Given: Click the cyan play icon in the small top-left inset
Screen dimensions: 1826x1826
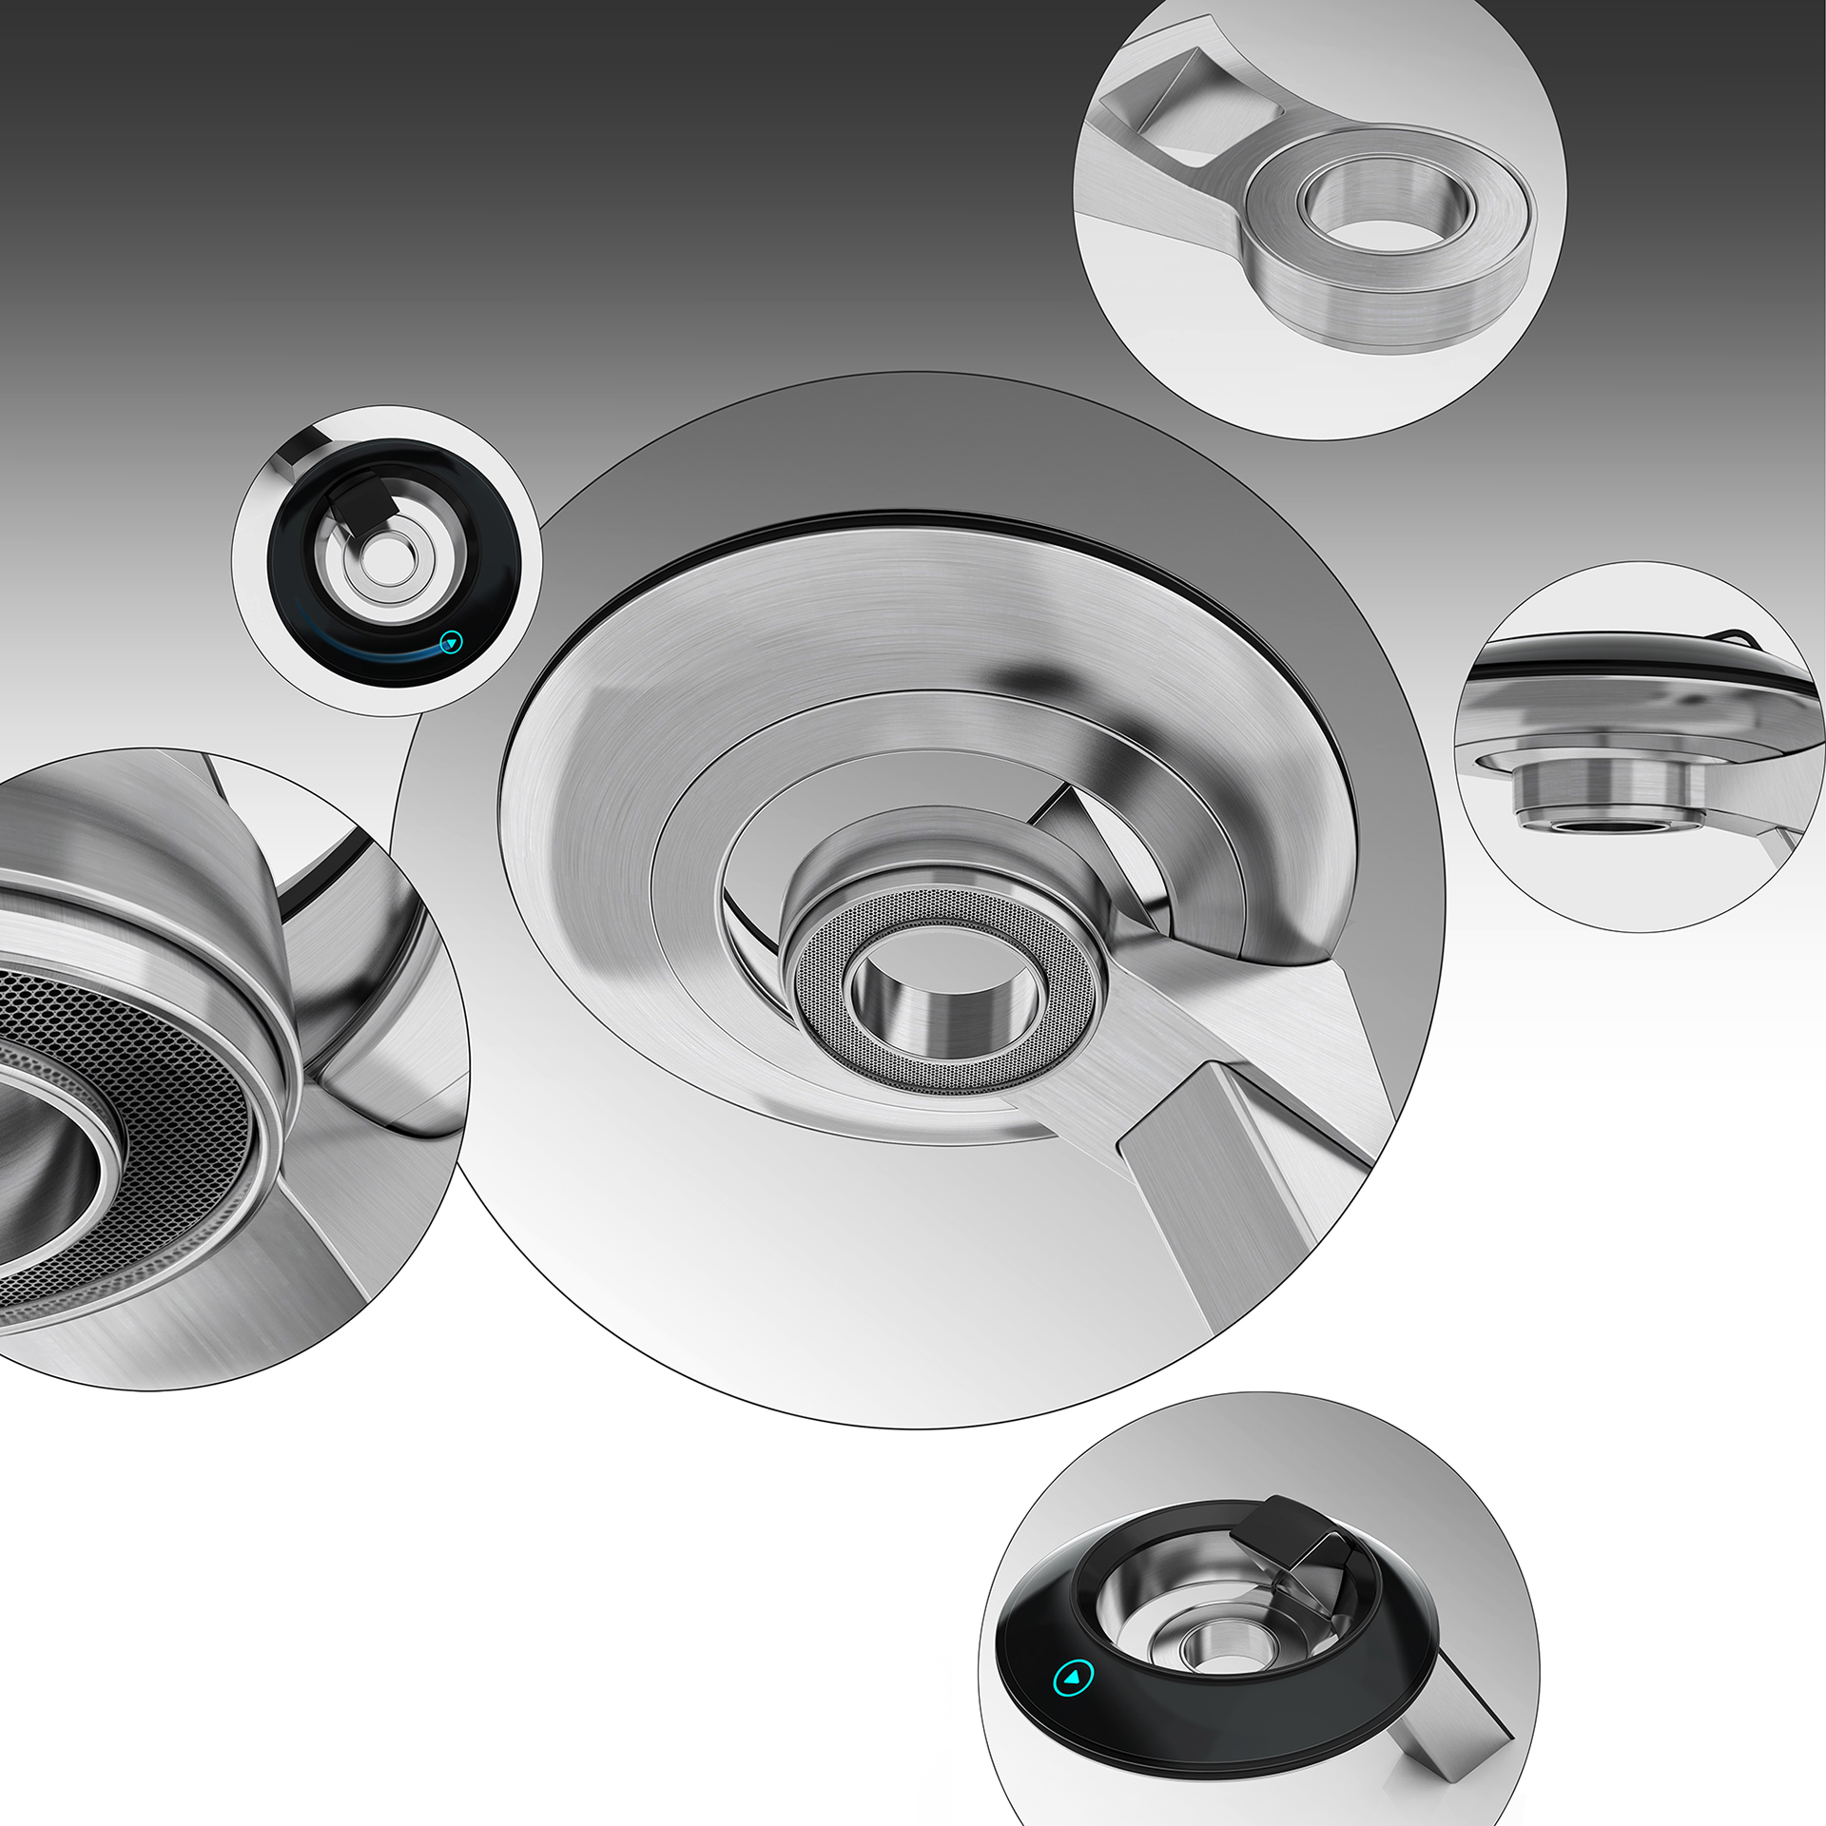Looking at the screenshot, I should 452,643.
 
